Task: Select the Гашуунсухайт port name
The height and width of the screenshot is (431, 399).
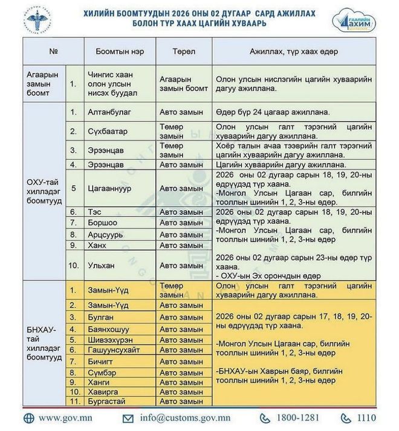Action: tap(114, 350)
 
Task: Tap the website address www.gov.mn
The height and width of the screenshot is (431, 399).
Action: tap(68, 418)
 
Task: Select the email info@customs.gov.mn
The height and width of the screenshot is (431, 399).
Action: tap(184, 418)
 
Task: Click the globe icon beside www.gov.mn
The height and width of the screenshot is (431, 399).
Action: tap(28, 418)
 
